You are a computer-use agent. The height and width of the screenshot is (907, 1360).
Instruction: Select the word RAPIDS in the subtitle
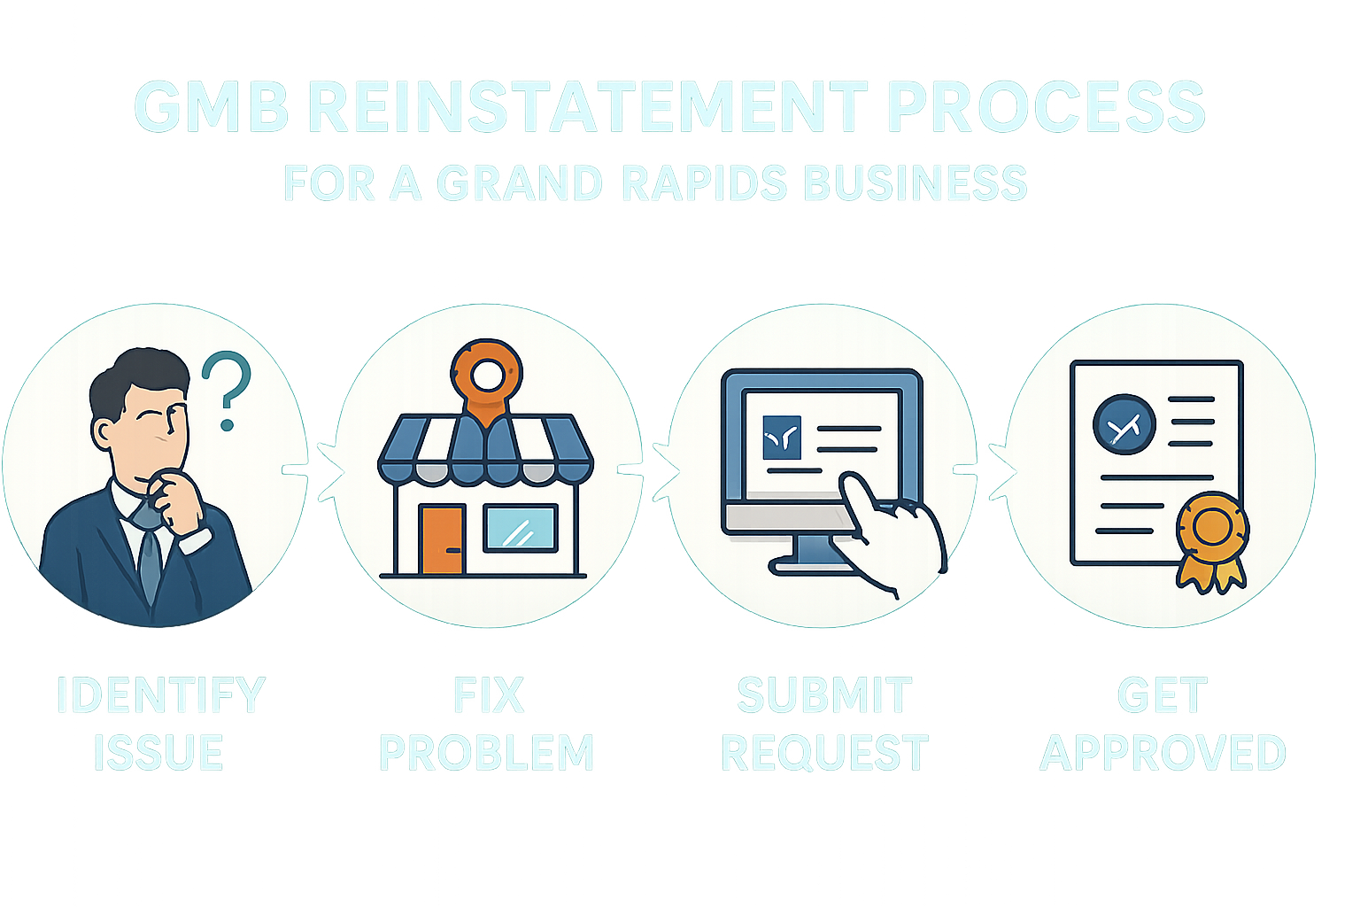[703, 183]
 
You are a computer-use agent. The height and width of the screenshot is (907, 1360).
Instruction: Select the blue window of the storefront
[520, 529]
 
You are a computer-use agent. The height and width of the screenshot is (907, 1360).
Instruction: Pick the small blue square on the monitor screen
[781, 437]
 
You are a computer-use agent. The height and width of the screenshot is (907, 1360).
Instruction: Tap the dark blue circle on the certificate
[1124, 424]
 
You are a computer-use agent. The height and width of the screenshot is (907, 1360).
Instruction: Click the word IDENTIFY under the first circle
[160, 695]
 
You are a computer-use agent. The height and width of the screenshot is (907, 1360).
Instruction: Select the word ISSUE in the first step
[158, 753]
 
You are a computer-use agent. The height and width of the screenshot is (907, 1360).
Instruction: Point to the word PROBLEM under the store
[486, 753]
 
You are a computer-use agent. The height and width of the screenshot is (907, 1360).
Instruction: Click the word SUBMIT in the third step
[823, 695]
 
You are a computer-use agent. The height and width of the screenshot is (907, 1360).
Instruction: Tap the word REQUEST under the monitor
[825, 753]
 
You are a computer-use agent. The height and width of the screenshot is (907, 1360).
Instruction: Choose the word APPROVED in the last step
[1163, 753]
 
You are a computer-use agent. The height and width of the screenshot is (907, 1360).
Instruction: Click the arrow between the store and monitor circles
[664, 467]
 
